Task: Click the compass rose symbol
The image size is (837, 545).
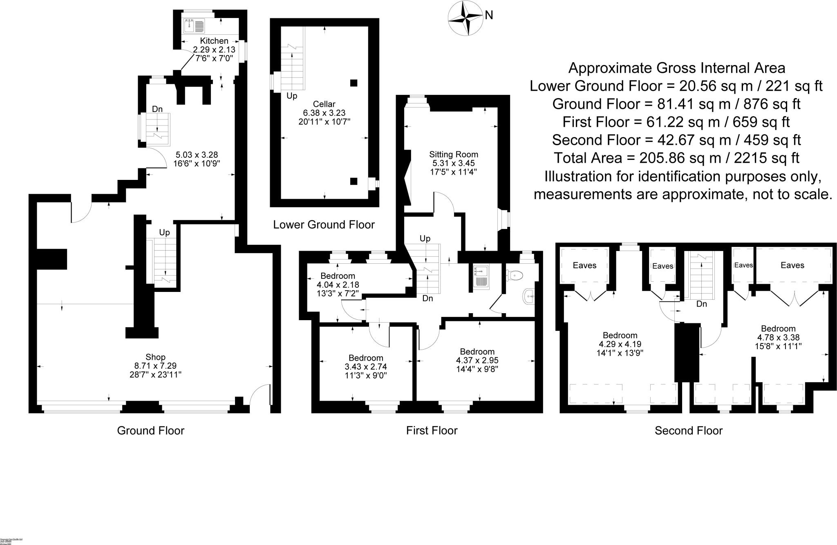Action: [x=466, y=18]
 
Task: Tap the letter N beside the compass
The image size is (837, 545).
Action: [x=489, y=16]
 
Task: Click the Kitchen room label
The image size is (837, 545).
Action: [x=214, y=41]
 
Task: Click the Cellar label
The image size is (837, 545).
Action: [x=324, y=104]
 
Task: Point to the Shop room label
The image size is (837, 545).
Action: [x=155, y=357]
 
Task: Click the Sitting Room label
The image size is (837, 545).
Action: [x=453, y=155]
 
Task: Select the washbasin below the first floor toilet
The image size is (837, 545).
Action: [x=529, y=295]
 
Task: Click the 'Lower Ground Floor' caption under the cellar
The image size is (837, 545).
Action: [x=324, y=224]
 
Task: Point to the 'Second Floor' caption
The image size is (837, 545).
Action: [x=688, y=431]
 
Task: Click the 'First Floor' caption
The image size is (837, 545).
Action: [x=432, y=431]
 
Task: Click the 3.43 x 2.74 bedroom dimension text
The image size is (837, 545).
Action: [x=365, y=367]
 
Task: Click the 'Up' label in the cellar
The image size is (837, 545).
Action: [x=292, y=96]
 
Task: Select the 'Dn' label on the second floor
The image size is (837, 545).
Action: [x=701, y=304]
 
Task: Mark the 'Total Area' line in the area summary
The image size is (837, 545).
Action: [x=676, y=158]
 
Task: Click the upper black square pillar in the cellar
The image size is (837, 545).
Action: [x=354, y=83]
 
